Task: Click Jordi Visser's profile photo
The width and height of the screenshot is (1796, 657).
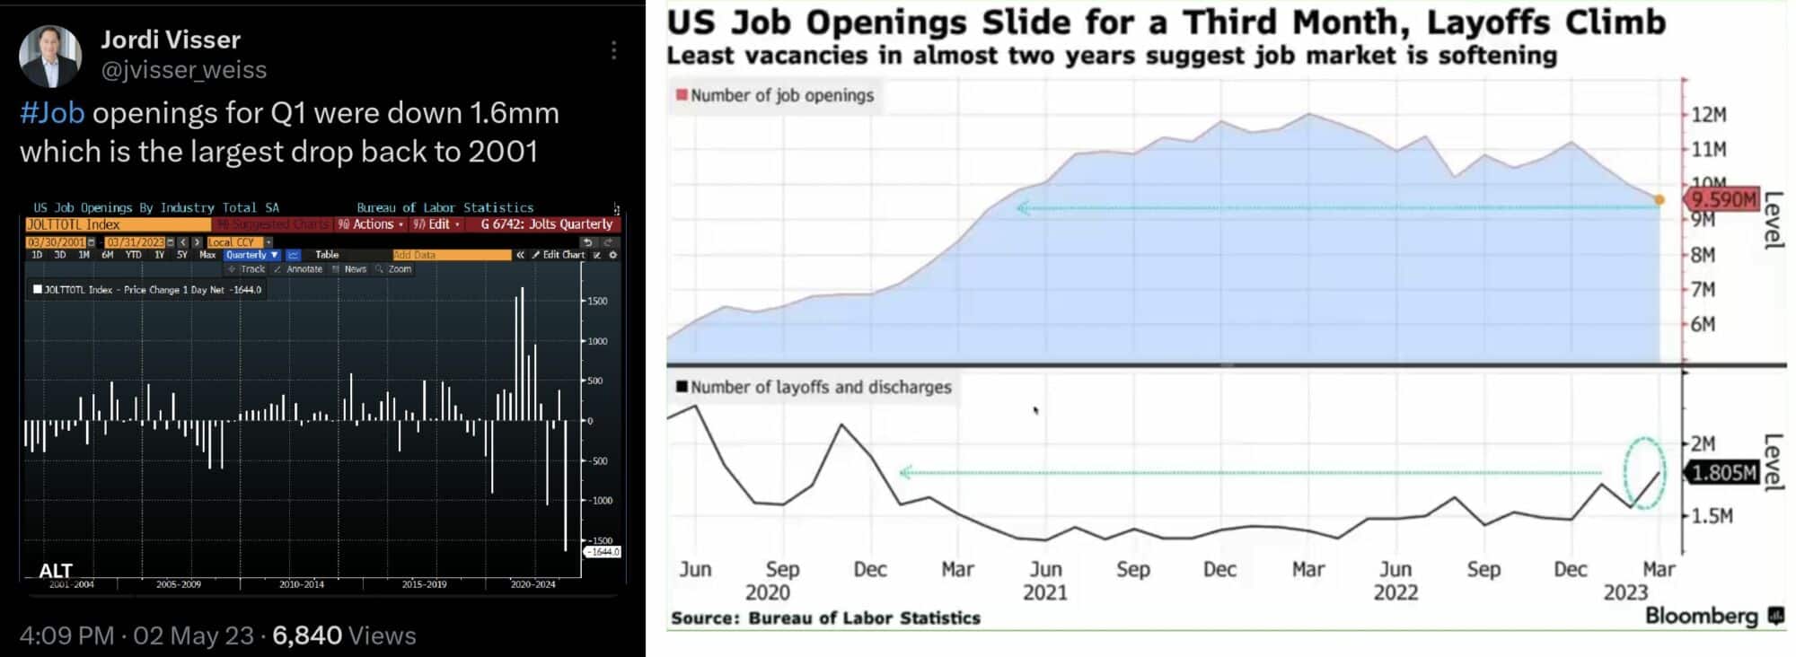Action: tap(50, 56)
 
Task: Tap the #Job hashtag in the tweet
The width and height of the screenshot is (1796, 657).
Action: tap(52, 113)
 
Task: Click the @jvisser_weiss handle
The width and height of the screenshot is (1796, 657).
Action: tap(183, 70)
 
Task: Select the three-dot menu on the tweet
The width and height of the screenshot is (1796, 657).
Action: tap(614, 50)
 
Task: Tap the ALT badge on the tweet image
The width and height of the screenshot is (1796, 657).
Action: tap(56, 571)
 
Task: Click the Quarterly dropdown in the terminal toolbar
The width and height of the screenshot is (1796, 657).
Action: tap(252, 255)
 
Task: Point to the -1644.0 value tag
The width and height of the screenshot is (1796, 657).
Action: tap(603, 551)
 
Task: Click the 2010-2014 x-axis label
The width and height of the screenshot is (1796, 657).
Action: tap(302, 584)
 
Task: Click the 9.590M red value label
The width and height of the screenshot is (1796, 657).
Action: tap(1722, 199)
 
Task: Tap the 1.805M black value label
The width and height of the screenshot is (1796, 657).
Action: tap(1722, 472)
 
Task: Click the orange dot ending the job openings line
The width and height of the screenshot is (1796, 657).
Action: tap(1660, 200)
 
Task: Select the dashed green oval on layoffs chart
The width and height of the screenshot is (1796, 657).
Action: tap(1644, 473)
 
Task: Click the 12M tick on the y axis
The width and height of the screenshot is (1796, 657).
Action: tap(1709, 115)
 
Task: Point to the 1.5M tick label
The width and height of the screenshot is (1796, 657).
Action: tap(1712, 516)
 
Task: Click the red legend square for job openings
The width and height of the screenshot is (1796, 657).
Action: tap(682, 95)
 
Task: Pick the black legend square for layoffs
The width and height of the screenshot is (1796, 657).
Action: tap(682, 387)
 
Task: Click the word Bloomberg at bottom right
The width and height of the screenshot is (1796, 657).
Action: tap(1701, 616)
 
